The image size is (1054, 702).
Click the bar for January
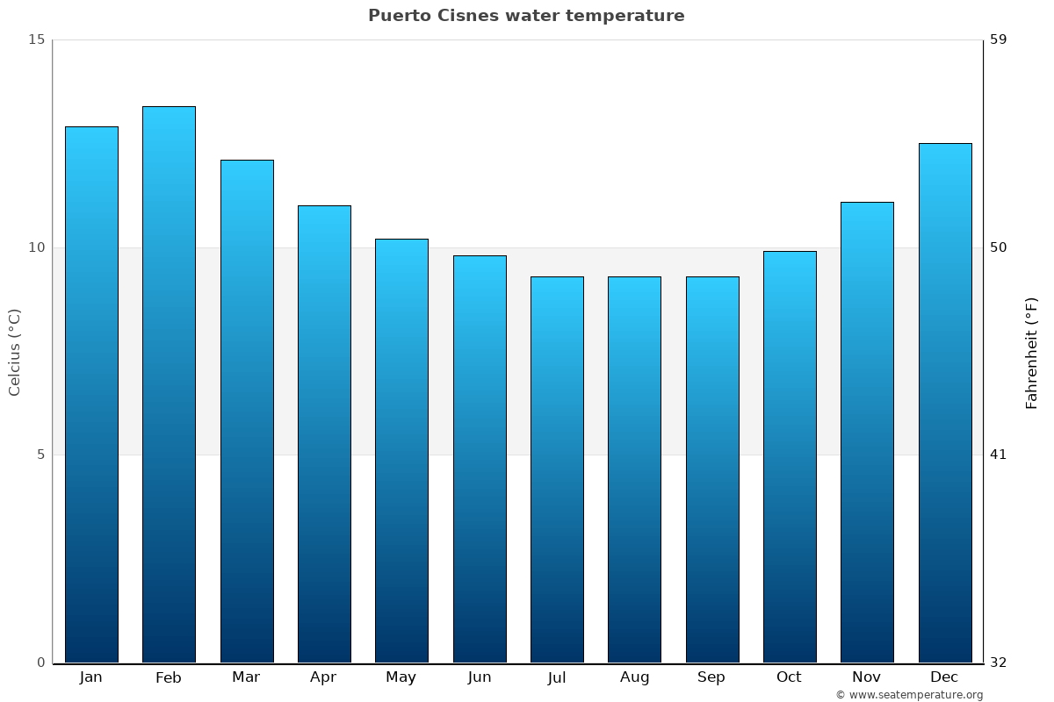[91, 395]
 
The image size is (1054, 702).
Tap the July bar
[557, 469]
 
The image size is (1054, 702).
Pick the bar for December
[945, 403]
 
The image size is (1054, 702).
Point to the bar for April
[324, 434]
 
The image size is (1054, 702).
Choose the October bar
[790, 456]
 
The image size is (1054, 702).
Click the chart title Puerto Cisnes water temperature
[526, 16]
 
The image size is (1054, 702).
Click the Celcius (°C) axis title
[14, 352]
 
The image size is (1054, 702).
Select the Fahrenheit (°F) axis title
[1031, 352]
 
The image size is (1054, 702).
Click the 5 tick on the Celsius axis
[40, 455]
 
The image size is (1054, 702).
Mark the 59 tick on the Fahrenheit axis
[998, 39]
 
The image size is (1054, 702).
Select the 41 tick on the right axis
[998, 455]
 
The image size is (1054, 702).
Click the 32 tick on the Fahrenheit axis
[998, 663]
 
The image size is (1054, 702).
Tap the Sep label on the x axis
[711, 677]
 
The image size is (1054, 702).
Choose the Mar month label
[246, 677]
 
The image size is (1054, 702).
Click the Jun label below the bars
[480, 677]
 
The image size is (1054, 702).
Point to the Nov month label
[866, 677]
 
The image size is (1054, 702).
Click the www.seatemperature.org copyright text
[909, 695]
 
